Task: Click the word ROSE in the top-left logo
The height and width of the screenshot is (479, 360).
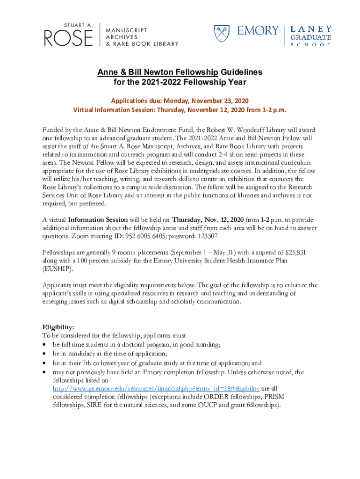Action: tap(69, 37)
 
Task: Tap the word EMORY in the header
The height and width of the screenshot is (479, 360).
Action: tap(257, 31)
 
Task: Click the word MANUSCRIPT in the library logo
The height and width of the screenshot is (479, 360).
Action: tap(126, 30)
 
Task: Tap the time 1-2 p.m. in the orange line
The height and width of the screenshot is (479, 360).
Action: tap(272, 110)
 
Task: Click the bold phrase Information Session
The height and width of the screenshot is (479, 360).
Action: tap(98, 219)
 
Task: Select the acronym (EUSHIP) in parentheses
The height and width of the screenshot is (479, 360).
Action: tap(58, 269)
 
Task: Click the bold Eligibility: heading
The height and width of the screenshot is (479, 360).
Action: tap(58, 327)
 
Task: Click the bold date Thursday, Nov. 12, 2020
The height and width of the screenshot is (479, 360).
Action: tap(208, 219)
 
